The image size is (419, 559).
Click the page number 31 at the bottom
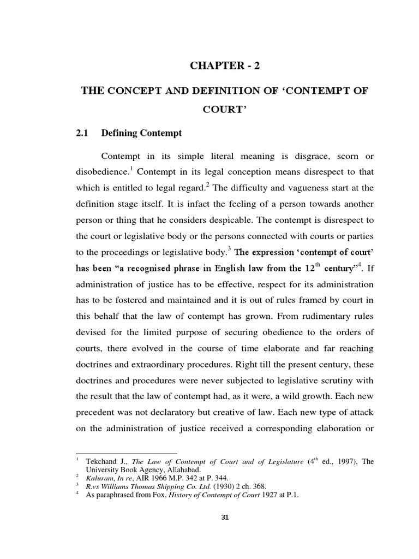(222, 519)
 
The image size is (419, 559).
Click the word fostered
(123, 301)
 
